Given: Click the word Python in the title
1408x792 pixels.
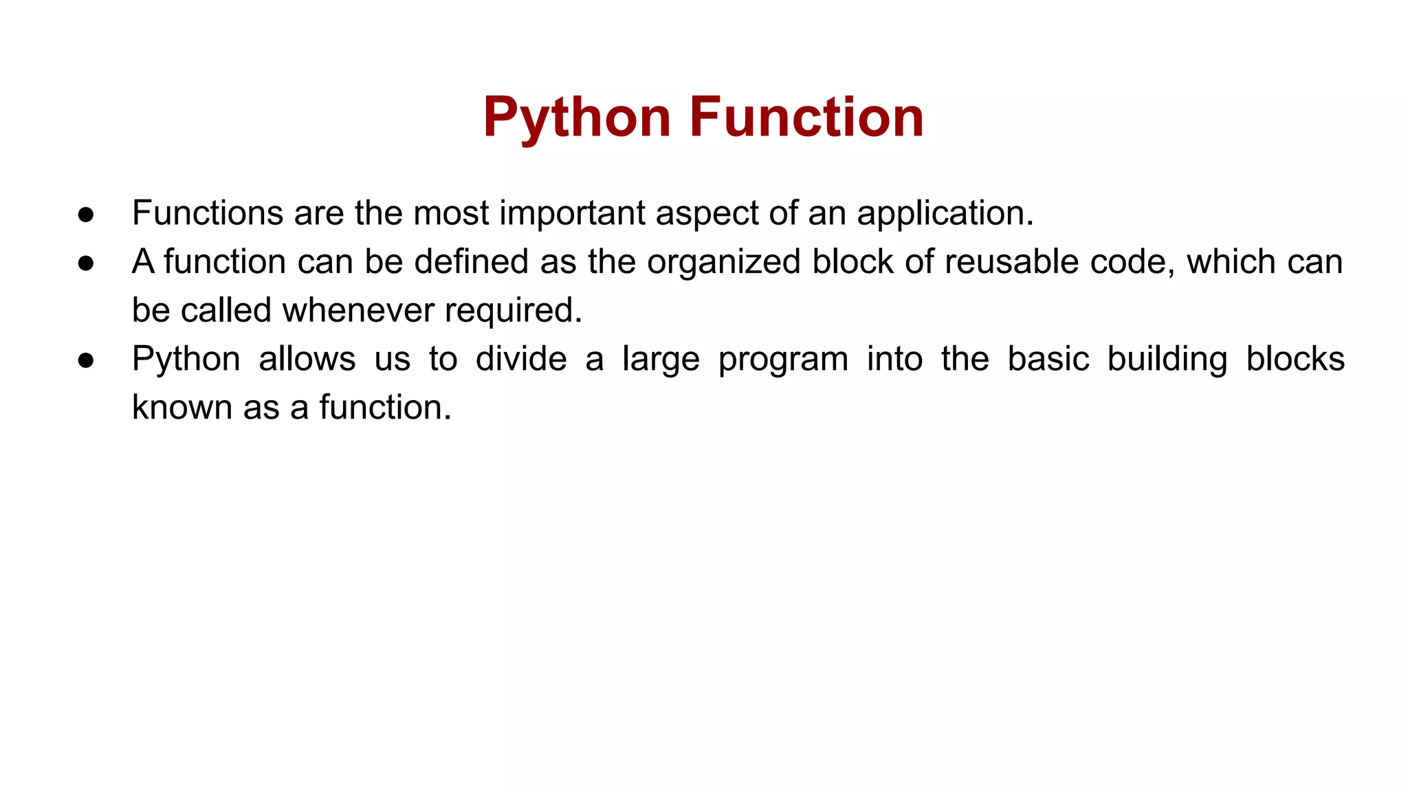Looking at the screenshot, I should [576, 118].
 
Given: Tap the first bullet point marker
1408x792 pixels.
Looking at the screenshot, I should [86, 214].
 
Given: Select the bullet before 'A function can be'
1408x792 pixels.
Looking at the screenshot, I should [86, 263].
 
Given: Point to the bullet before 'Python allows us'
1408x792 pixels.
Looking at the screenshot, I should [86, 360].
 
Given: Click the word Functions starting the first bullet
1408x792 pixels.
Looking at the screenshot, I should [207, 213].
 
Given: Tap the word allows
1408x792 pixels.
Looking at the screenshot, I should [307, 359].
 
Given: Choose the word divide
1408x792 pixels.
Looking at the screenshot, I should [520, 359].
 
